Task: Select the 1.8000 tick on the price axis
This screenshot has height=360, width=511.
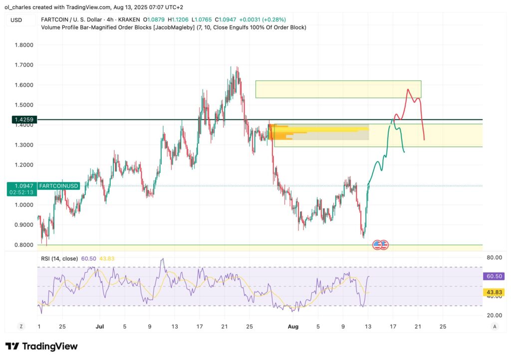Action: [x=23, y=45]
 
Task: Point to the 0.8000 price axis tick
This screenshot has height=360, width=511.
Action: [x=23, y=245]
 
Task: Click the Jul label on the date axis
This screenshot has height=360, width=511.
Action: [x=100, y=326]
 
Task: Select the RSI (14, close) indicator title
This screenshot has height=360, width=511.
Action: [x=59, y=259]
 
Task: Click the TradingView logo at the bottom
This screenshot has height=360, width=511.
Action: [x=42, y=346]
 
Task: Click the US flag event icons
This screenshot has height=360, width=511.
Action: [x=381, y=245]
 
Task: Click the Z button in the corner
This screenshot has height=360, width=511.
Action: [x=21, y=326]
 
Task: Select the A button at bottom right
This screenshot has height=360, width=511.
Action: [x=494, y=326]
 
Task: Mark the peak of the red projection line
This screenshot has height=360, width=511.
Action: [x=408, y=89]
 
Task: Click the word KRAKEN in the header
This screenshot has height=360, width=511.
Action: [x=125, y=19]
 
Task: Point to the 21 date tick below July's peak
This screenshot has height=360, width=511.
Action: [x=225, y=326]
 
